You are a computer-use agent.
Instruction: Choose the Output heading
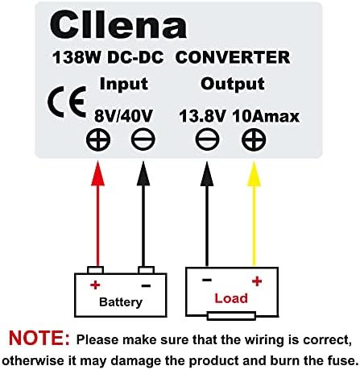[x=232, y=84]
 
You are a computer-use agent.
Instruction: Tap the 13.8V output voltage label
[x=201, y=117]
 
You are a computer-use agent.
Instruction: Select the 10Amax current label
[x=265, y=117]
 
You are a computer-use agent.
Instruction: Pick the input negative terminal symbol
[x=144, y=142]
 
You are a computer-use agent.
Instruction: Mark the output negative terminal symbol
[x=205, y=142]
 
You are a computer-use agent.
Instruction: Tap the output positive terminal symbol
[x=253, y=142]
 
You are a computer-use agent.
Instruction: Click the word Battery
[x=120, y=302]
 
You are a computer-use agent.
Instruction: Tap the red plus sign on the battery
[x=94, y=285]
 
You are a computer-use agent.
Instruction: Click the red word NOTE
[x=39, y=338]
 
